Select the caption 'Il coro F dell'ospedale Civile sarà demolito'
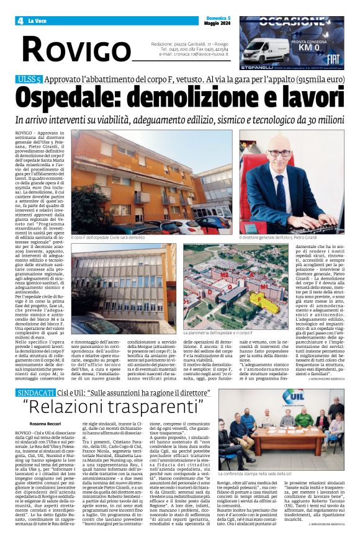click(109, 237)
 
